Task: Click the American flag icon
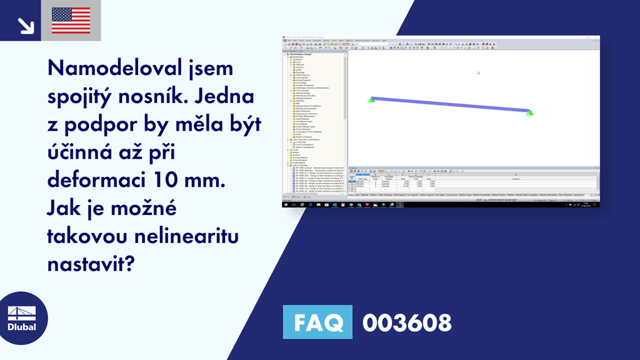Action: point(71,21)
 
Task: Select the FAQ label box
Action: point(317,323)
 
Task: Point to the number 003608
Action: point(407,323)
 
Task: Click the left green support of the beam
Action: point(371,100)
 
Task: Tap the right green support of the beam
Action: point(530,114)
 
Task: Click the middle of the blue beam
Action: point(450,105)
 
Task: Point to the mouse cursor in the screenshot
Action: point(479,72)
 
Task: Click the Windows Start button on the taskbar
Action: point(286,204)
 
